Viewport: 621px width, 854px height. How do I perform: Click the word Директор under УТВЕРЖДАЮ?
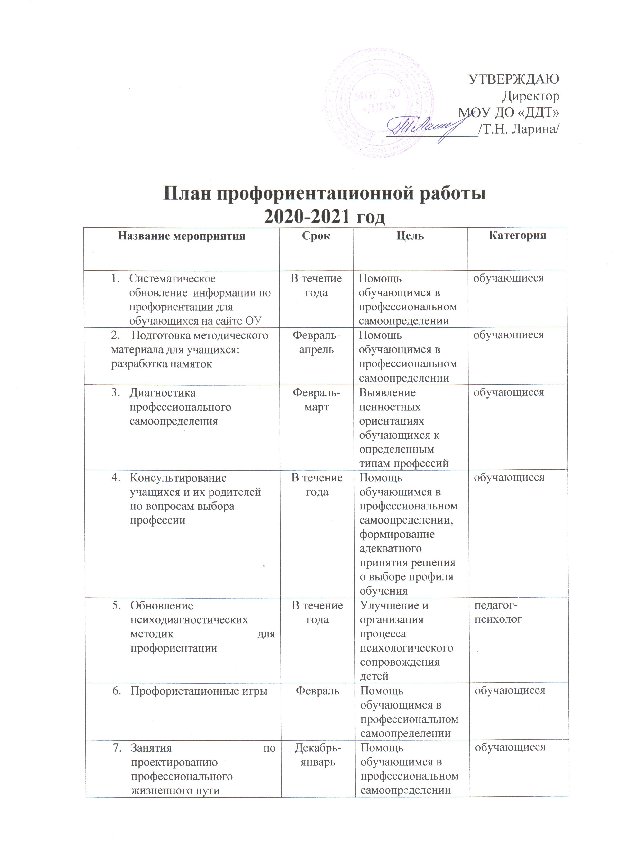point(531,96)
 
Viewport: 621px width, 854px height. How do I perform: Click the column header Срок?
point(316,236)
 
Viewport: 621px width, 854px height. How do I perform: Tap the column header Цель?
point(411,236)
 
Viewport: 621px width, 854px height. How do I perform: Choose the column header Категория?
point(517,236)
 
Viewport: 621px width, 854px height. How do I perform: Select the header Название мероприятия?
point(182,236)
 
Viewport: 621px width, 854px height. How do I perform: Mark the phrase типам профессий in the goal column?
point(404,463)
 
